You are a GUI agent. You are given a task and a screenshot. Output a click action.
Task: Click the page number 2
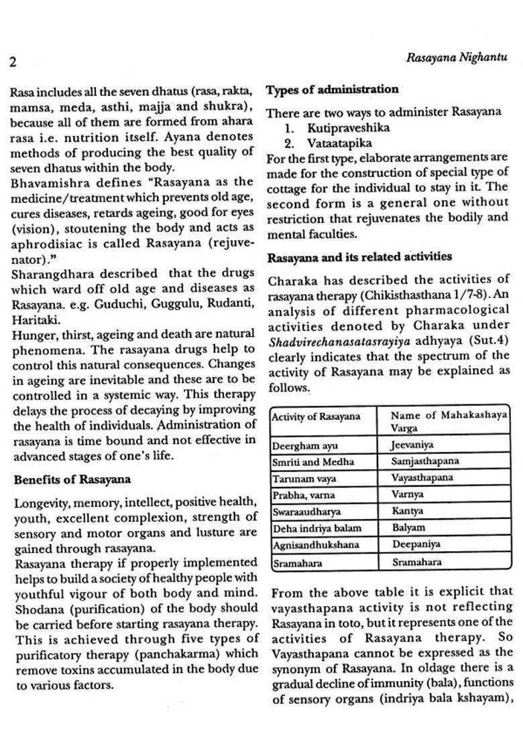tap(13, 63)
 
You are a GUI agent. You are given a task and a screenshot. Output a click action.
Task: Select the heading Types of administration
tap(332, 90)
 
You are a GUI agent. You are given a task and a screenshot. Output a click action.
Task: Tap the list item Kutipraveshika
tap(348, 128)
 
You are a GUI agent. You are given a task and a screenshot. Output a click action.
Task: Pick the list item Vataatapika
tap(339, 143)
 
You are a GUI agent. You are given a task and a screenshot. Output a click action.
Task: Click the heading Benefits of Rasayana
tap(72, 479)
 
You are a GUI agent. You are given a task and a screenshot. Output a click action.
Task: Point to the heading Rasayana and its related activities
tap(359, 257)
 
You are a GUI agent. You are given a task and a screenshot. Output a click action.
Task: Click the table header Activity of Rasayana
tap(316, 417)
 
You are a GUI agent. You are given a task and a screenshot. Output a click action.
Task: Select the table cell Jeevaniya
tap(412, 445)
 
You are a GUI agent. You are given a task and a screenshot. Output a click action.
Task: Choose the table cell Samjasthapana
tap(425, 461)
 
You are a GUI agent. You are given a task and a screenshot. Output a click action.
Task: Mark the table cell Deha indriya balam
tap(316, 528)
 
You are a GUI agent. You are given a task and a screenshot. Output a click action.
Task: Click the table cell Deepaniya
tap(416, 545)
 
